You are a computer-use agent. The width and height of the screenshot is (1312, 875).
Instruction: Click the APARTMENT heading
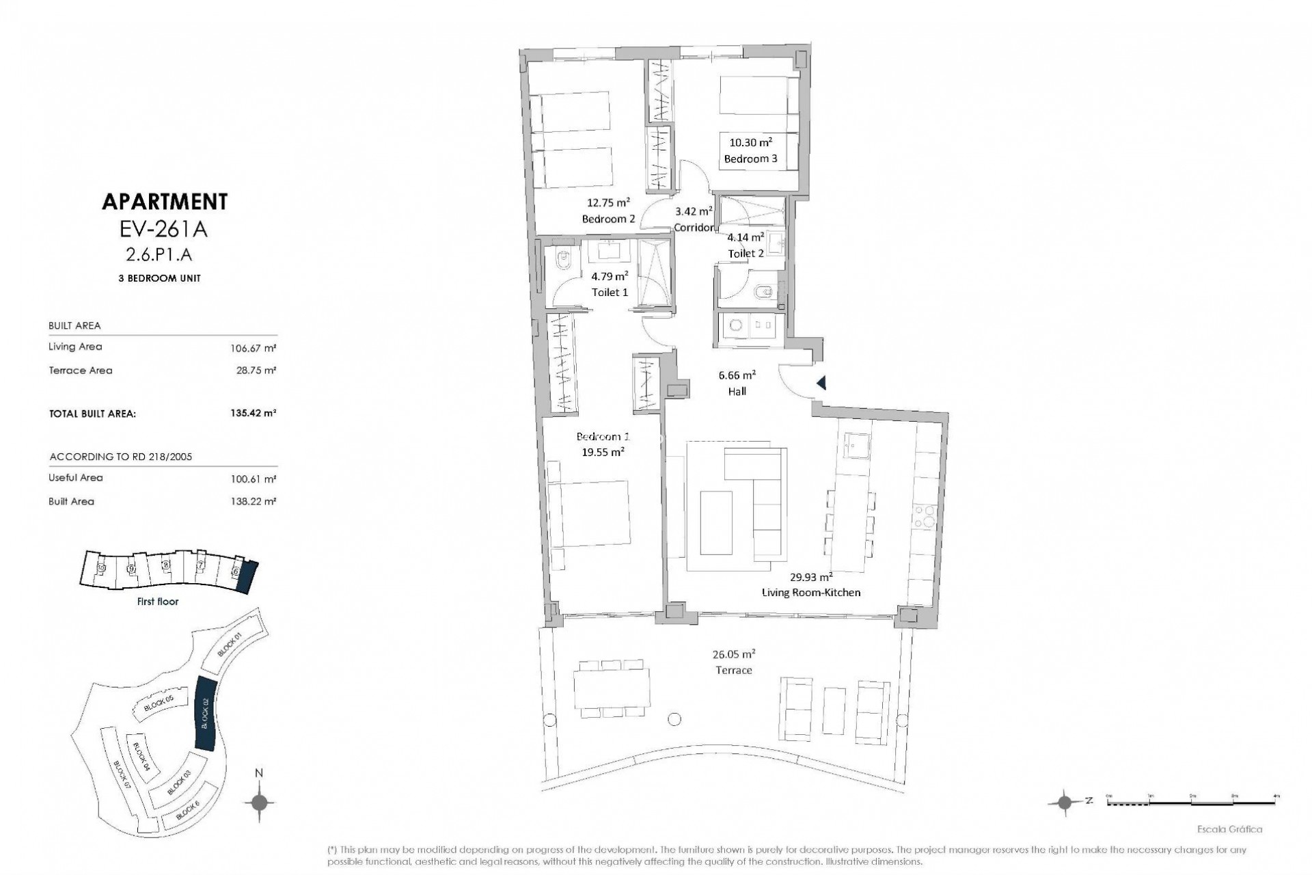point(164,202)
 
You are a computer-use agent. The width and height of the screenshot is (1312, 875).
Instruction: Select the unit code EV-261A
point(163,229)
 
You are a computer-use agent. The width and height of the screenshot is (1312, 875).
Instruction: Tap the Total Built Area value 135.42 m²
point(253,414)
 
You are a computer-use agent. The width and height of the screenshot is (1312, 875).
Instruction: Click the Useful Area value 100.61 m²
point(253,479)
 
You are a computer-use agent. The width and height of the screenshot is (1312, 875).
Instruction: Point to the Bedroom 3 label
point(750,159)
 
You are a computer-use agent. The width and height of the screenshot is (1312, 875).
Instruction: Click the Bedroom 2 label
point(608,219)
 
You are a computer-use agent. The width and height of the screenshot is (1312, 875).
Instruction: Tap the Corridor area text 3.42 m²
point(694,211)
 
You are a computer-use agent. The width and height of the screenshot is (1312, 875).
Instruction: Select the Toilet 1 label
point(610,292)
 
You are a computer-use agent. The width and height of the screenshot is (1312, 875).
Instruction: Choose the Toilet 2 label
point(746,253)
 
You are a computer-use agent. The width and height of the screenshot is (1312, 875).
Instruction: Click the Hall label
point(737,392)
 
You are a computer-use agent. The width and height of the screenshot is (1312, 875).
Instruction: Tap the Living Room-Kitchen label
point(811,592)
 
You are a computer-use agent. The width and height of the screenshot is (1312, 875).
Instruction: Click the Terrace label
point(733,670)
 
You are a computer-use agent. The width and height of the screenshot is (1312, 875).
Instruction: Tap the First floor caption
point(157,602)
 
